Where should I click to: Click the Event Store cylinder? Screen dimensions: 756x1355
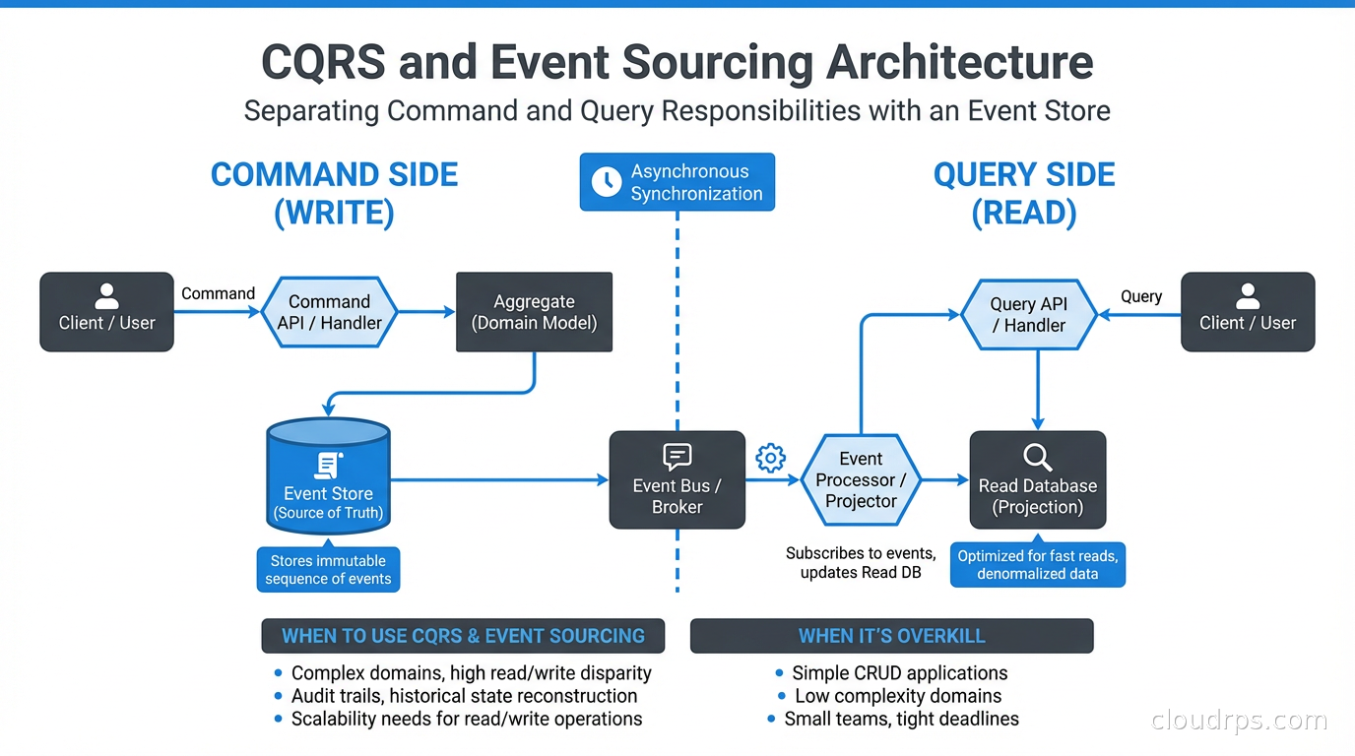[329, 477]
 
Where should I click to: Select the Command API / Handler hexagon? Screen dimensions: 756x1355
[329, 312]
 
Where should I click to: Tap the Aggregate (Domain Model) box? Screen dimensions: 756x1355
[535, 312]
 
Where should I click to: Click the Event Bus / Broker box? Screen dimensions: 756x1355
[677, 480]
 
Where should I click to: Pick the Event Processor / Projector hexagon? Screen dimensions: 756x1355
[861, 480]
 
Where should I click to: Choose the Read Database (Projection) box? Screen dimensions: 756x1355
[1038, 480]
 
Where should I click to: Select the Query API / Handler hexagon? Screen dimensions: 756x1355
[1028, 315]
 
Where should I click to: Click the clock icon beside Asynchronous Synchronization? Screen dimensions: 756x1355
[606, 181]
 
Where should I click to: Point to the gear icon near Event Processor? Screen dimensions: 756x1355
[770, 458]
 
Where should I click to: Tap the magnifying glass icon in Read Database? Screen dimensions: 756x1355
[1038, 457]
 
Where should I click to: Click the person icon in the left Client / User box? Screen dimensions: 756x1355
[106, 295]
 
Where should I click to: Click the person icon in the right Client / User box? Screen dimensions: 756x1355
[1248, 295]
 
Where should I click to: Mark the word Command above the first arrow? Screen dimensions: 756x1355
[218, 293]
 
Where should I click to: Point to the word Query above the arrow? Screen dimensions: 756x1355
[1141, 296]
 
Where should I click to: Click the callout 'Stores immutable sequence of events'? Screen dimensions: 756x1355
[328, 570]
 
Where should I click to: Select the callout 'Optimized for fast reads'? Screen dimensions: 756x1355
[1038, 565]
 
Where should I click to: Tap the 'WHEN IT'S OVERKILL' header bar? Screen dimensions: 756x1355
[891, 636]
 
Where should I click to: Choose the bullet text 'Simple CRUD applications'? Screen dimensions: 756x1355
[900, 673]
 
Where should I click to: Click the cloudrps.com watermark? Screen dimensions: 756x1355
[1239, 721]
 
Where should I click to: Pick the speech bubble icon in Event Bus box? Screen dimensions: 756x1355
[677, 456]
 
